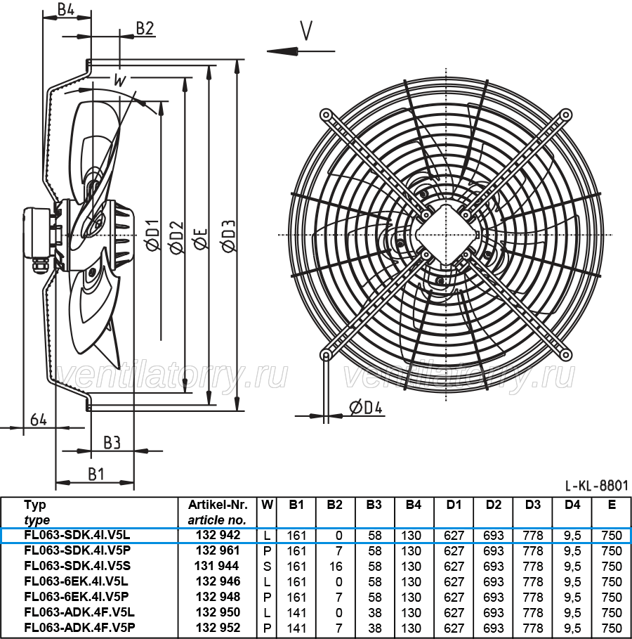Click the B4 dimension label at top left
point(65,9)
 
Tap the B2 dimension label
point(145,29)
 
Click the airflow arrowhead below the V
point(282,51)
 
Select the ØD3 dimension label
point(229,235)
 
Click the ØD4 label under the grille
point(366,407)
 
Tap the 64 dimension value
point(39,420)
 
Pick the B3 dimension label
point(112,442)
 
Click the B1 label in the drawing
point(96,474)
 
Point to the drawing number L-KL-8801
point(597,485)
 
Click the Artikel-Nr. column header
point(218,505)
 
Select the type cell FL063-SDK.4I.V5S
point(77,566)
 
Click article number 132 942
point(218,535)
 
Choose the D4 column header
point(572,505)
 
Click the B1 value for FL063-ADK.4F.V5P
point(296,628)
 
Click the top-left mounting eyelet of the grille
point(326,115)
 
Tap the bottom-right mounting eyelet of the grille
point(565,355)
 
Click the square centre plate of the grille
point(446,235)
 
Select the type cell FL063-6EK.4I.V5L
point(76,581)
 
